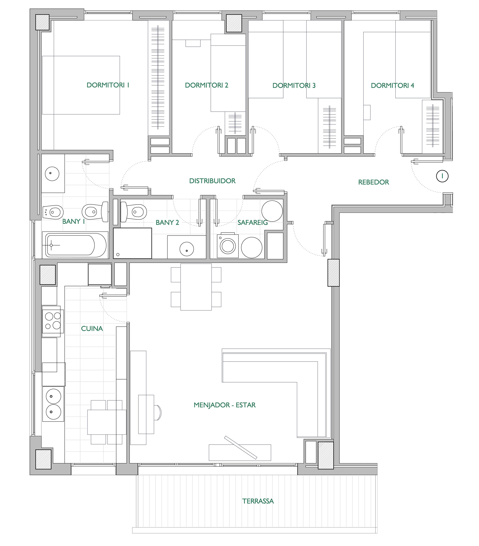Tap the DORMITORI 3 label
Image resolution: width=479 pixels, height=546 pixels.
coord(294,85)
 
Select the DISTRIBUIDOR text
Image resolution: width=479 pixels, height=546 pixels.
coord(212,181)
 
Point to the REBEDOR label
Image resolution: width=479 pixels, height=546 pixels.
coord(373,182)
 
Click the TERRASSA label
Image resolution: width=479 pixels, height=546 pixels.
coord(258,501)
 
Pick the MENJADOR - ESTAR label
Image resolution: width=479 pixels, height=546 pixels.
coord(224,405)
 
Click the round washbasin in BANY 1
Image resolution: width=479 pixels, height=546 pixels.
coord(52,174)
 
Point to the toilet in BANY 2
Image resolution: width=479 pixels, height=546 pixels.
coord(133,212)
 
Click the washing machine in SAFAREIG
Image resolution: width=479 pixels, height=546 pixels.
coord(228,246)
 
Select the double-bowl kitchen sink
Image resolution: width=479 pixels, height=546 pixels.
coord(53,404)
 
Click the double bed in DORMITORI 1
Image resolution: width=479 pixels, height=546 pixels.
coord(81,85)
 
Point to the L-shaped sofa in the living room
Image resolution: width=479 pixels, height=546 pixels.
coord(276,371)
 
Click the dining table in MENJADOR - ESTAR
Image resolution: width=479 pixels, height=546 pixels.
coord(196,287)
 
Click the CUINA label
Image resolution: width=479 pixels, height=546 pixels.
coord(92,329)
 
